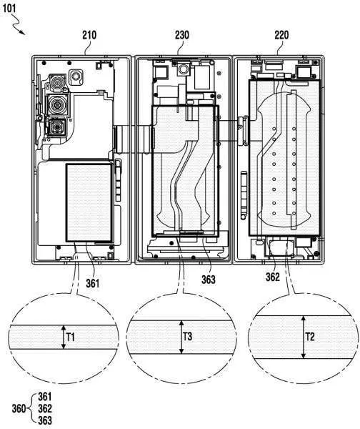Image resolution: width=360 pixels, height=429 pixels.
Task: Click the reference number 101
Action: [9, 8]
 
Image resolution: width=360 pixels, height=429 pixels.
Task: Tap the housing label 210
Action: [89, 35]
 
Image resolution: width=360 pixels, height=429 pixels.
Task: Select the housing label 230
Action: [181, 35]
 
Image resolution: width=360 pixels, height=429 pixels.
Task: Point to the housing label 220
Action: [281, 35]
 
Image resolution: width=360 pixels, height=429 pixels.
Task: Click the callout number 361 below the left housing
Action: [93, 283]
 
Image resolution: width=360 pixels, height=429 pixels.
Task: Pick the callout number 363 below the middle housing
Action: [209, 280]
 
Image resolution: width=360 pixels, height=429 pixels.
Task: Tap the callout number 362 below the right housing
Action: [273, 277]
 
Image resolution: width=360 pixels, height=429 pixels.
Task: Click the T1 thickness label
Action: [71, 337]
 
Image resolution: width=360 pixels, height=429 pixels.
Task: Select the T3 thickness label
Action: [188, 336]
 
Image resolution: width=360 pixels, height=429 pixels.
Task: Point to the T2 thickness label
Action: [310, 337]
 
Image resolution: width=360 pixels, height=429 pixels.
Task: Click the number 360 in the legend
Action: [19, 409]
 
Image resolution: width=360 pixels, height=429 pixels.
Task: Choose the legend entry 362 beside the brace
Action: [45, 408]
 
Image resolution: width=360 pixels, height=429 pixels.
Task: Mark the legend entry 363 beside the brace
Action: [45, 420]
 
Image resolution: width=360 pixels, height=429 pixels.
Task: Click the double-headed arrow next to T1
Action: [64, 337]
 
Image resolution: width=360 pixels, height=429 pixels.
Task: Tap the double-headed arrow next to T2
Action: [303, 337]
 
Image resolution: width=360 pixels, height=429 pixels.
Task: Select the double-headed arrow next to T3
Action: [181, 337]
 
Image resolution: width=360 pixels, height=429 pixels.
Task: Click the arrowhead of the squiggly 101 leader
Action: [23, 33]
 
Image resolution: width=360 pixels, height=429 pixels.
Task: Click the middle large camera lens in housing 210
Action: [57, 104]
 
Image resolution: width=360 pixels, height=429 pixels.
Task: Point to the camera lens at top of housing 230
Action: [182, 69]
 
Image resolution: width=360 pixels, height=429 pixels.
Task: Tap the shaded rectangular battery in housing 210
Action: [89, 203]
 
